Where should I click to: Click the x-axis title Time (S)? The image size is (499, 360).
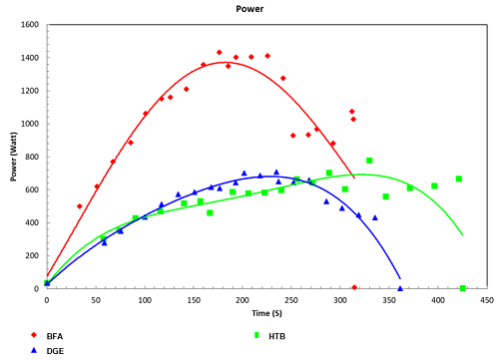(x=265, y=312)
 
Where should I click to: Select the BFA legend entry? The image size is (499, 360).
(x=54, y=336)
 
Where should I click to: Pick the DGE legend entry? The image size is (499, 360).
(x=54, y=350)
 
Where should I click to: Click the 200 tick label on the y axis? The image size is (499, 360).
(x=31, y=255)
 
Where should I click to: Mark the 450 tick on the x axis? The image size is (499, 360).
(x=487, y=298)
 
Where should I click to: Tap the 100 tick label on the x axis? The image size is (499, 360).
(x=145, y=298)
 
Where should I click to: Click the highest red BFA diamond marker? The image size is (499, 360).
(x=219, y=52)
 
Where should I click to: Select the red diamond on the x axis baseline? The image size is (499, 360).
(x=354, y=287)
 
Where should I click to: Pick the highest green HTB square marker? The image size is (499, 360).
(x=369, y=161)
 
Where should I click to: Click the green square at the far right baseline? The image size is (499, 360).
(x=462, y=288)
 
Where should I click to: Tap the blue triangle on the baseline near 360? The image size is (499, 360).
(x=400, y=288)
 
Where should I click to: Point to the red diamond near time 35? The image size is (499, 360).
(x=80, y=206)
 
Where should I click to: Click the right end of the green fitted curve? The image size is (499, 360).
(x=463, y=235)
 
